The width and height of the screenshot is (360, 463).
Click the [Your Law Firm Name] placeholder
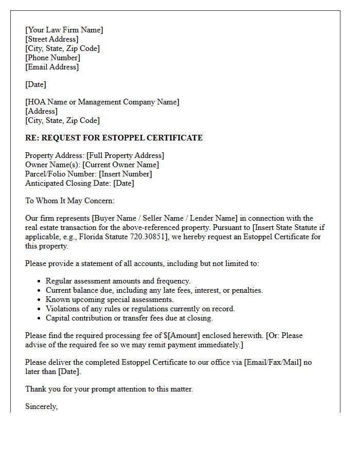point(64,30)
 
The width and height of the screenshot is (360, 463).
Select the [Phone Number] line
point(52,58)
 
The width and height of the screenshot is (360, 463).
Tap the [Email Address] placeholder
point(52,67)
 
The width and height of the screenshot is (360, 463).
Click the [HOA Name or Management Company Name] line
point(102,102)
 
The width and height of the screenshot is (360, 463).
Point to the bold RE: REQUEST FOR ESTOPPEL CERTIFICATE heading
point(114,138)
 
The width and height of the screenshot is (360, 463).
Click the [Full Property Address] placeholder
point(125,155)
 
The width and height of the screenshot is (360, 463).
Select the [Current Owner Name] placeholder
point(120,165)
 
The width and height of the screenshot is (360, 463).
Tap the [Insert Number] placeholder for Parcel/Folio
point(125,174)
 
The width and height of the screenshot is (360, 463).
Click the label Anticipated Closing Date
point(68,183)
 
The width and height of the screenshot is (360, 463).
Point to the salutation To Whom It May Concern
point(70,201)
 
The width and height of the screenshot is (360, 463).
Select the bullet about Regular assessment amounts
point(118,281)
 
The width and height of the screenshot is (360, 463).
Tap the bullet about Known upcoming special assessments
point(110,299)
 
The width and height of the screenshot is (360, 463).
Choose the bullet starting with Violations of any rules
point(140,309)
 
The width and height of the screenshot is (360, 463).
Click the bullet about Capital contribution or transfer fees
point(129,318)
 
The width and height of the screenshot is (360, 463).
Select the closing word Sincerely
point(41,406)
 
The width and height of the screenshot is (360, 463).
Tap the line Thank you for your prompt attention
point(109,389)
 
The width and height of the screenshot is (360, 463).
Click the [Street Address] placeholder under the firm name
point(52,39)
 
